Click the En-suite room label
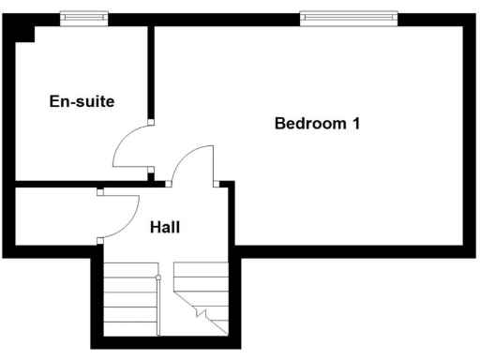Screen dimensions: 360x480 pyautogui.click(x=82, y=101)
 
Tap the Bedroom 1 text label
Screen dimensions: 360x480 pyautogui.click(x=318, y=123)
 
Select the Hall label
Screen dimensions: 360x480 pyautogui.click(x=165, y=226)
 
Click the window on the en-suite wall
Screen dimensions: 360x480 pyautogui.click(x=82, y=17)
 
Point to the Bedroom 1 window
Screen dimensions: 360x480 pyautogui.click(x=348, y=17)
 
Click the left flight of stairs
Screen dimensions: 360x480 pyautogui.click(x=129, y=300)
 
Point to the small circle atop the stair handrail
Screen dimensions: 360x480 pyautogui.click(x=158, y=277)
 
